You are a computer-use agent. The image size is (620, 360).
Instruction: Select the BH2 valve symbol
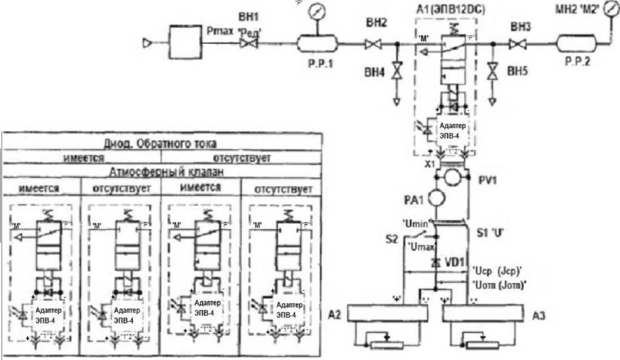point(373,44)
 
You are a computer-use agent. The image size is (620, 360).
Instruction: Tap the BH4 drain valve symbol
point(397,72)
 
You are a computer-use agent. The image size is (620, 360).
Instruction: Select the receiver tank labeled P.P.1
point(317,43)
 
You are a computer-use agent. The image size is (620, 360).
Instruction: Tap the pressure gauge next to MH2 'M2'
point(610,10)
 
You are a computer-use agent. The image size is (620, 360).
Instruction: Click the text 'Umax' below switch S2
point(420,247)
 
